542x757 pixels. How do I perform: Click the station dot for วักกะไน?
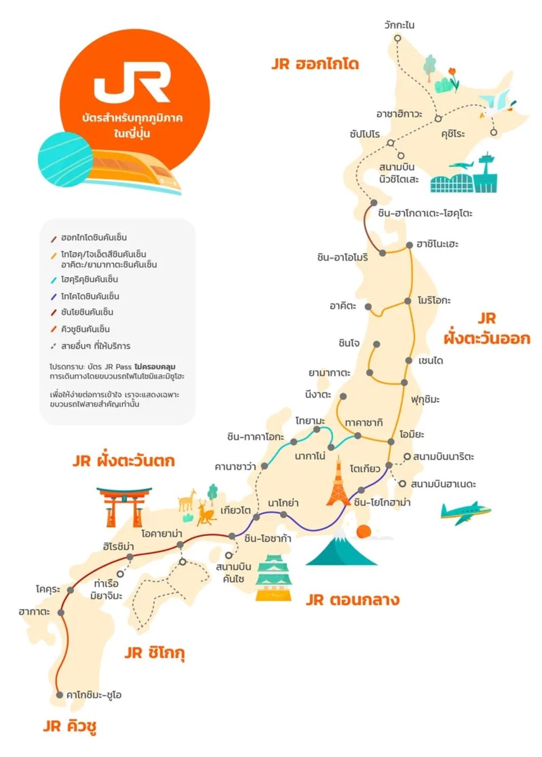[397, 39]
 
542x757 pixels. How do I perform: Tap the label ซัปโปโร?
[365, 134]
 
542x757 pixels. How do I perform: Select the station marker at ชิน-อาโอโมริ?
[383, 253]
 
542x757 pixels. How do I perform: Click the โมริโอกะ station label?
[434, 300]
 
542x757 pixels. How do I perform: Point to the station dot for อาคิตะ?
[368, 307]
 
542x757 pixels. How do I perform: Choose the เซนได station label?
[431, 361]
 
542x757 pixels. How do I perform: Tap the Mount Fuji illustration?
[341, 548]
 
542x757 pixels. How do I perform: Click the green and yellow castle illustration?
[274, 578]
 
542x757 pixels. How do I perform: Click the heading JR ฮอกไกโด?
[315, 64]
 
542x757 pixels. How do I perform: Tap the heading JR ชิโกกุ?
[154, 653]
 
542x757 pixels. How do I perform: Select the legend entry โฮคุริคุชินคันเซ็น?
[89, 279]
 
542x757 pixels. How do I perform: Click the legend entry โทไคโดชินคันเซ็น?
[89, 296]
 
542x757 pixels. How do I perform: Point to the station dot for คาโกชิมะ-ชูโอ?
[60, 695]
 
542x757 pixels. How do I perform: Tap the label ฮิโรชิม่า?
[118, 547]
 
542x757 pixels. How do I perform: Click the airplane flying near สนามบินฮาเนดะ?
[465, 512]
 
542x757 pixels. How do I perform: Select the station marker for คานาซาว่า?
[264, 466]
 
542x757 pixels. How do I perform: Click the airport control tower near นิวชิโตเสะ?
[486, 171]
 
